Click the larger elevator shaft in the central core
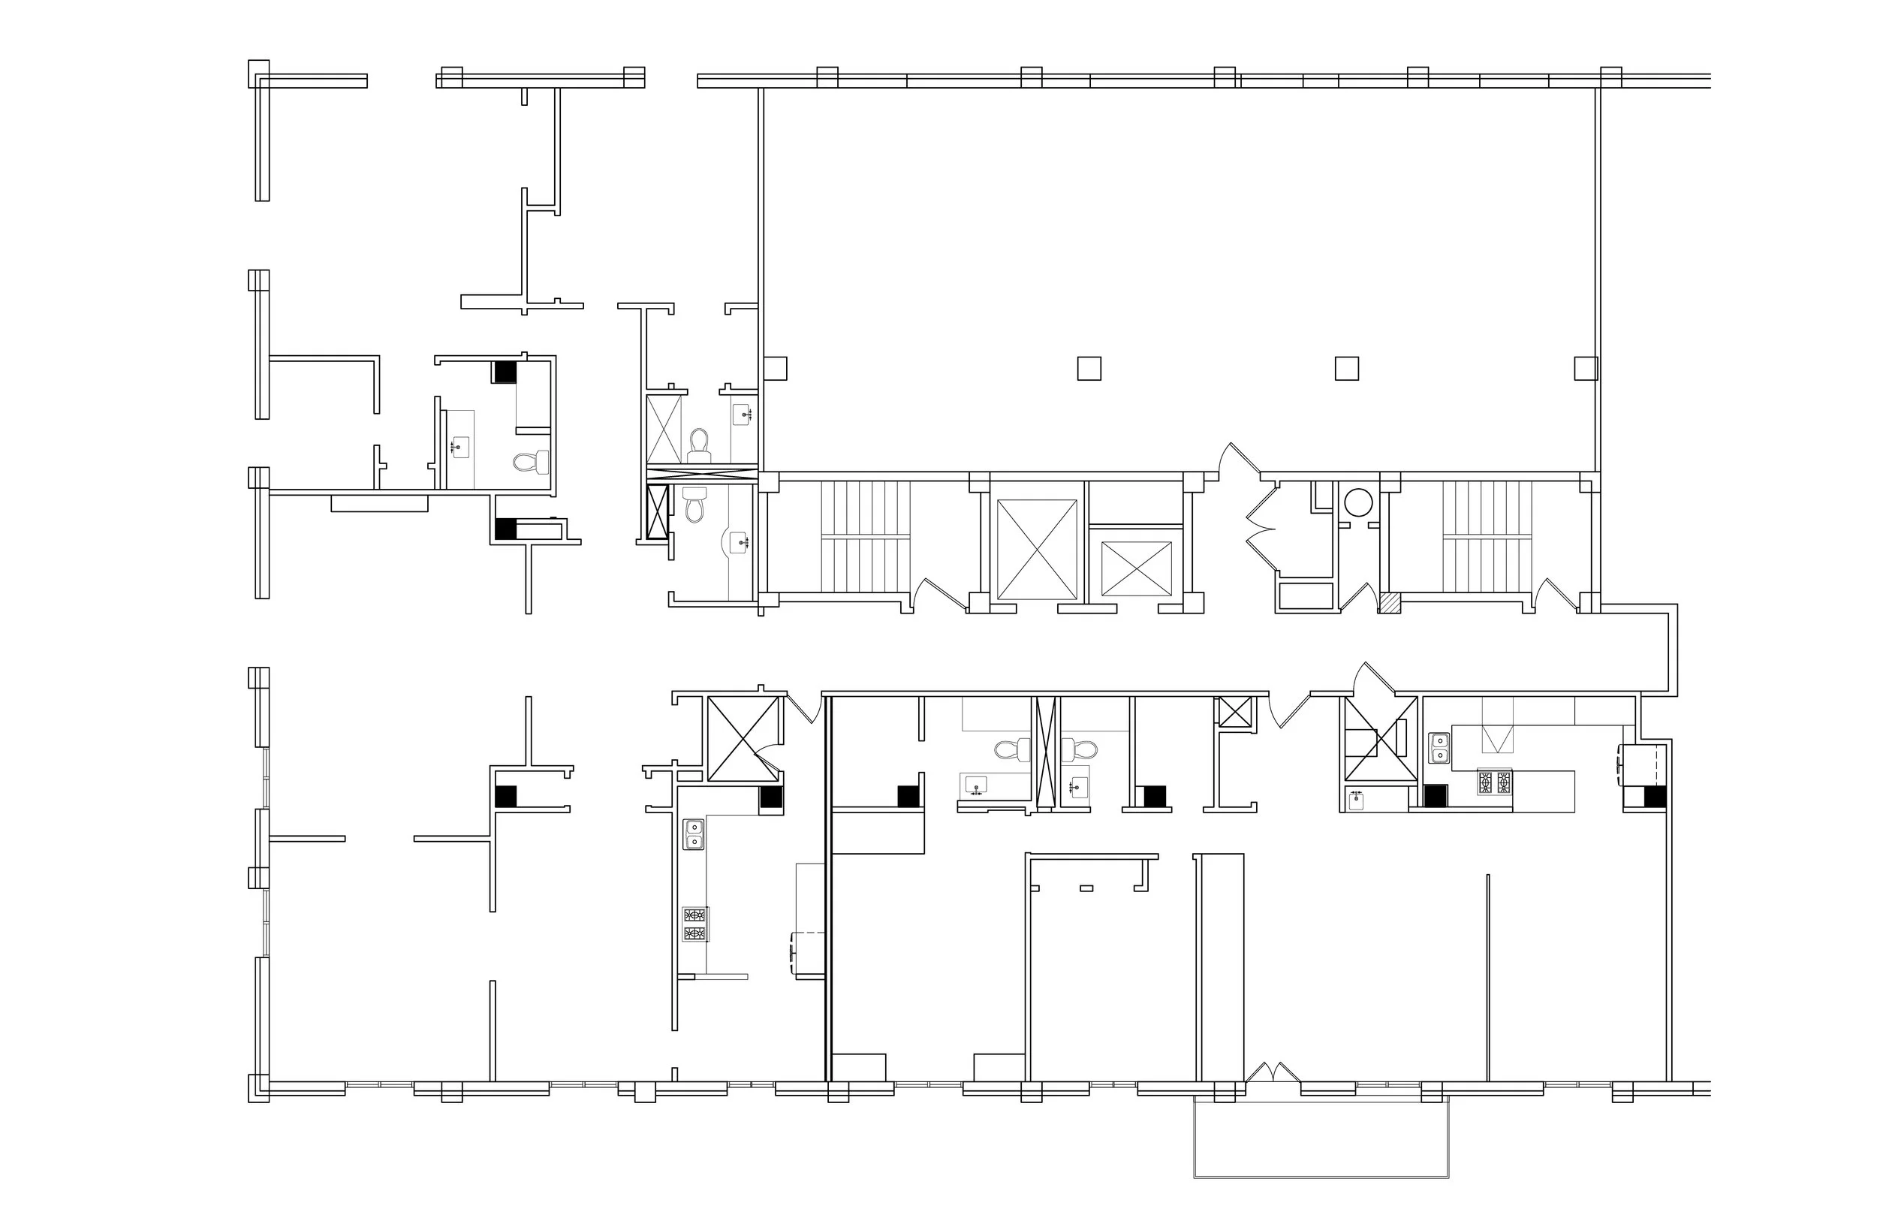(1036, 549)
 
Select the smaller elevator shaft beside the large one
(1136, 568)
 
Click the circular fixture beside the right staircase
(1358, 502)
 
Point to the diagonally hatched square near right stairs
(1390, 603)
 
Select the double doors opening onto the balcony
(1272, 1073)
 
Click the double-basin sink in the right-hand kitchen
(1439, 748)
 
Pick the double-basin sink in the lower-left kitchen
(693, 835)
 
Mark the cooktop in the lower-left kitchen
(694, 924)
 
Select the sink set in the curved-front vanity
(740, 541)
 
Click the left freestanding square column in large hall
(1089, 369)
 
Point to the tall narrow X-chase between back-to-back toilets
(1046, 753)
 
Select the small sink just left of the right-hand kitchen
(1357, 799)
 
